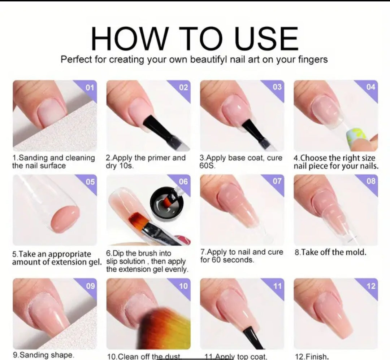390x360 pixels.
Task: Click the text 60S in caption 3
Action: pos(207,166)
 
